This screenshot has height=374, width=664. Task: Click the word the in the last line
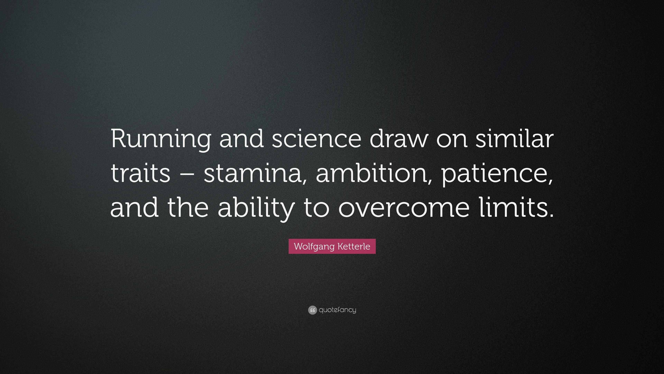click(x=188, y=208)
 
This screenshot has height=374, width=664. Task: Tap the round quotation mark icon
click(x=312, y=310)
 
